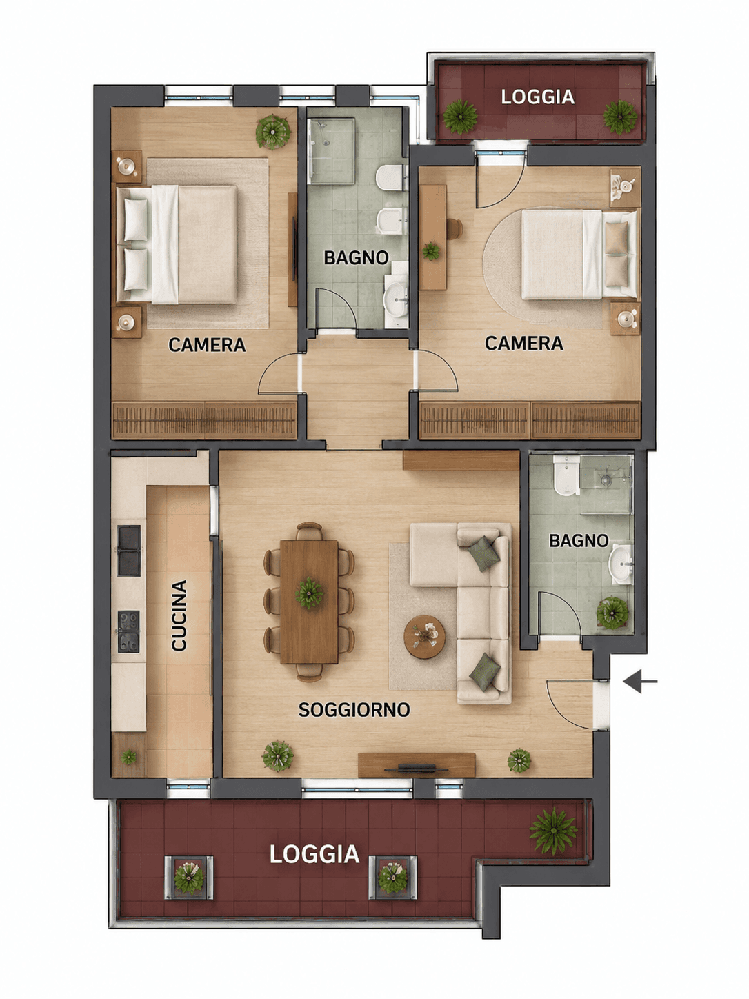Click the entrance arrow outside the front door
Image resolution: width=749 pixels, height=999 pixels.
point(639,682)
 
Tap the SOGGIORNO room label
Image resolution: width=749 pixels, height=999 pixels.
point(354,709)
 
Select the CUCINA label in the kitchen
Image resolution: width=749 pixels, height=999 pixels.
point(179,615)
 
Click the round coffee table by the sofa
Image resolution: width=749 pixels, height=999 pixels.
point(424,637)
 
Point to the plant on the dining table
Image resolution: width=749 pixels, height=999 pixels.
point(309,593)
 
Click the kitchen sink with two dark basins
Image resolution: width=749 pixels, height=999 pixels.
point(129,551)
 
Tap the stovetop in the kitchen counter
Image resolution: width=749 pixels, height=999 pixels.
point(129,631)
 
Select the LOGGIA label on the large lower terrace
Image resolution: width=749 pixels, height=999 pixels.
point(314,854)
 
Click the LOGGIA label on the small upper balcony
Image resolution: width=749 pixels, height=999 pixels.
point(537,97)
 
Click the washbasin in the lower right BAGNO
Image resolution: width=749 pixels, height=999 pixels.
point(621,564)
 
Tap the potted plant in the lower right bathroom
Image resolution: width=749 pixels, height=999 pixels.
point(612,613)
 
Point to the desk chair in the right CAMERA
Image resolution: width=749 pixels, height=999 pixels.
point(454,228)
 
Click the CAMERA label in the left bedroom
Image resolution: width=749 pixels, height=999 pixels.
point(207,345)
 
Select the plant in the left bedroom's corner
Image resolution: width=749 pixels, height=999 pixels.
point(273,132)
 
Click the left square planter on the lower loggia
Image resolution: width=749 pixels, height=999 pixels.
point(189,878)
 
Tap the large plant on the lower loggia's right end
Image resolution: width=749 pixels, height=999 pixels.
point(553,831)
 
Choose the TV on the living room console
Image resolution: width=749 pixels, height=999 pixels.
point(416,769)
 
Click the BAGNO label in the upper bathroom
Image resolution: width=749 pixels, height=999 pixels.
point(356,257)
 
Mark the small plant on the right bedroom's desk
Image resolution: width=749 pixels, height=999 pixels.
point(430,250)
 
